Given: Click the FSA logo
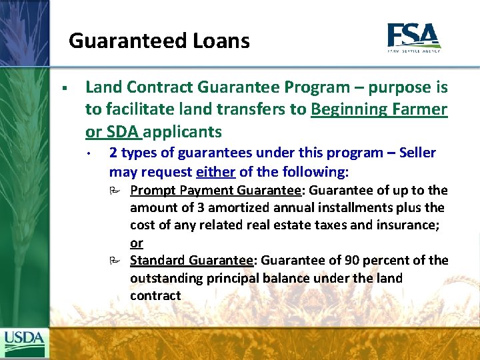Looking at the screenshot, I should click(x=413, y=37).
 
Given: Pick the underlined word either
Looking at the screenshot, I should click(x=216, y=172).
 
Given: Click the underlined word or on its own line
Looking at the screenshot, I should click(x=137, y=243).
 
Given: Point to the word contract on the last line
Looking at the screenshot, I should click(x=155, y=295).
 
